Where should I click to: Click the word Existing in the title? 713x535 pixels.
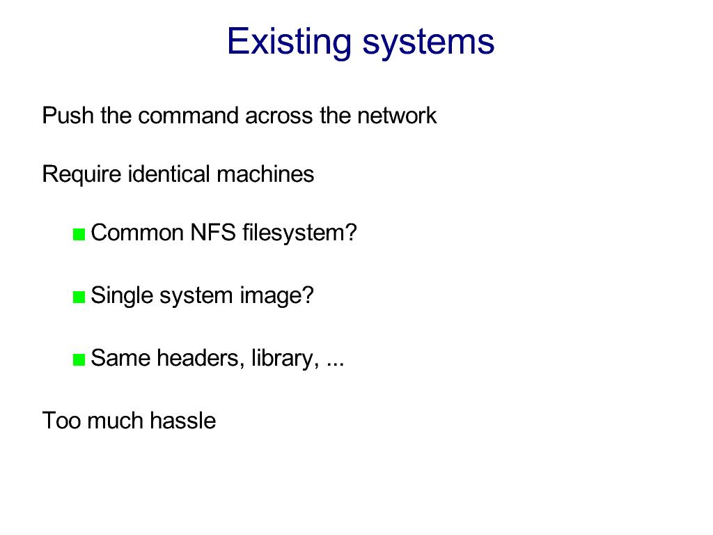[289, 41]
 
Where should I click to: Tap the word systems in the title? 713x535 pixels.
[428, 44]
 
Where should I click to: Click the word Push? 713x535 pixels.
[68, 115]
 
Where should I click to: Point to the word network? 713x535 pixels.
[397, 115]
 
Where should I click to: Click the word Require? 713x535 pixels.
[81, 175]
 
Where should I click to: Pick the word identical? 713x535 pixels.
[169, 173]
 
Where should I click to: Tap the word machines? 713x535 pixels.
[265, 173]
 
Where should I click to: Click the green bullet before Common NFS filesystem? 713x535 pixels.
[79, 234]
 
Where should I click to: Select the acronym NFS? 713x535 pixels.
[213, 233]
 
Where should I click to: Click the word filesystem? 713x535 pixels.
[299, 233]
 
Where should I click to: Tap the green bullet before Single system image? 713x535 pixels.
[79, 297]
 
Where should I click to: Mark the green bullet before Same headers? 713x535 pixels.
[79, 360]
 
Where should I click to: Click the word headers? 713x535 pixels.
[198, 358]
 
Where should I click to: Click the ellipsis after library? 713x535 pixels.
[335, 365]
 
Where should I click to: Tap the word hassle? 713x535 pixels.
[183, 420]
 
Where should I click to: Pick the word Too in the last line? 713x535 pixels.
[61, 420]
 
